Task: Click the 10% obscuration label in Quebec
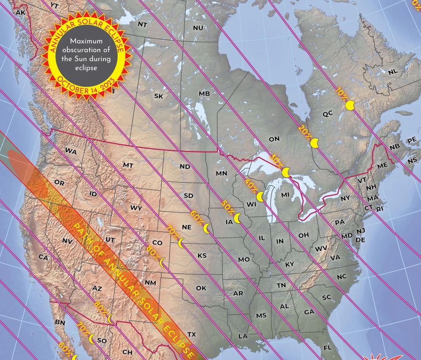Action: point(340,93)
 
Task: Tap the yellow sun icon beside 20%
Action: point(315,143)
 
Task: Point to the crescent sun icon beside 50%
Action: point(238,217)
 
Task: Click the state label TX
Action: point(191,334)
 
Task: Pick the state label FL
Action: point(327,348)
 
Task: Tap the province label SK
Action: point(159,96)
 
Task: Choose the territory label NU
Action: point(198,28)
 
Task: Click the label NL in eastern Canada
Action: point(393,71)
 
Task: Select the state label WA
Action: point(71,151)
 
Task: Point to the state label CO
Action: point(157,242)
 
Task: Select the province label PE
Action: point(412,140)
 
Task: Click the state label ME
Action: point(382,165)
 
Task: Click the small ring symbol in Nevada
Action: point(66,215)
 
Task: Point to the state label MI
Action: point(285,195)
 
